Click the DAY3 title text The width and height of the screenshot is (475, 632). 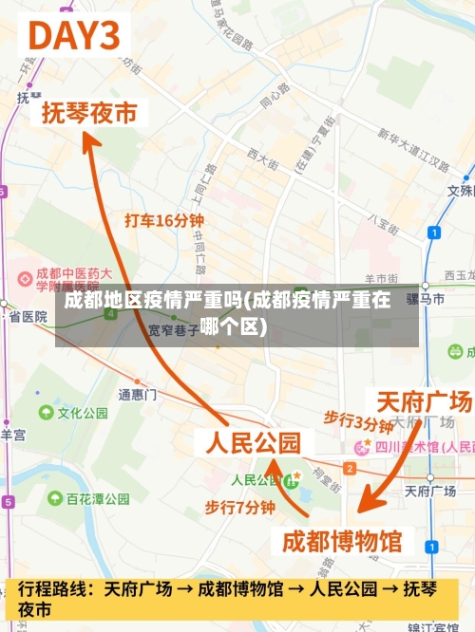[76, 36]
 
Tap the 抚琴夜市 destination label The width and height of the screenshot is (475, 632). [89, 113]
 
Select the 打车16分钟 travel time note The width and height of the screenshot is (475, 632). [164, 220]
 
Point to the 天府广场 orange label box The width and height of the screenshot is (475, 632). [423, 400]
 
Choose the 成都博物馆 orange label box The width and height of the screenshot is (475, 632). [342, 541]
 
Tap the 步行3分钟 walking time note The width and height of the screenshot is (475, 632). [358, 419]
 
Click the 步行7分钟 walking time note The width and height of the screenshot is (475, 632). [240, 508]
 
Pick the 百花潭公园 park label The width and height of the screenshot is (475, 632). [98, 498]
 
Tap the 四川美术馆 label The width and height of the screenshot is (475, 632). [408, 445]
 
